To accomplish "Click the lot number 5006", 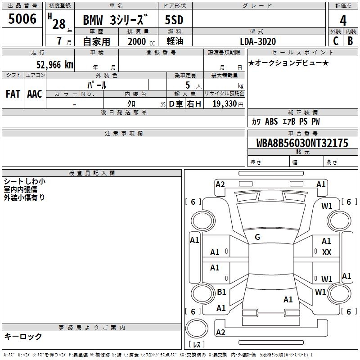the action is click(x=22, y=19).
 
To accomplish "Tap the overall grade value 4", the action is click(x=343, y=20).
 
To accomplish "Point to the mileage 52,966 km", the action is click(x=55, y=65).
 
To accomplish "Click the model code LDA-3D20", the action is click(x=258, y=41).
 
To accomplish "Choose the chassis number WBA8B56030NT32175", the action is click(x=302, y=143).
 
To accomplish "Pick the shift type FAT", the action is click(x=13, y=94).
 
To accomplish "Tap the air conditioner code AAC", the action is click(x=35, y=94).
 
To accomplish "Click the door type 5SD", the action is click(x=174, y=20).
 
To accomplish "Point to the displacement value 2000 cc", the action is click(x=141, y=41).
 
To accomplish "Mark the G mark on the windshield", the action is click(x=257, y=237).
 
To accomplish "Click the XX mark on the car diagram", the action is click(x=327, y=252).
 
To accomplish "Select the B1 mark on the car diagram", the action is click(x=221, y=292).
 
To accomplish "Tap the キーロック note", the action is click(x=23, y=336).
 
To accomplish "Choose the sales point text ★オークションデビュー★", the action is click(x=288, y=63).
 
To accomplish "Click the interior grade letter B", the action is click(x=350, y=41).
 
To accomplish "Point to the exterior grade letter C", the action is click(x=336, y=41).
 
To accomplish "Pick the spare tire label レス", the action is click(x=197, y=344).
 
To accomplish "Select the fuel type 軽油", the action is click(x=175, y=41).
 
